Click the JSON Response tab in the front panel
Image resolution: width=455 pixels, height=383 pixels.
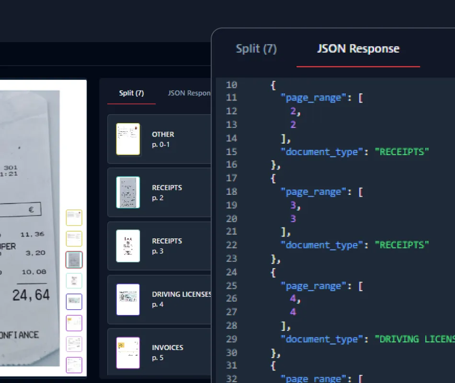[x=358, y=49]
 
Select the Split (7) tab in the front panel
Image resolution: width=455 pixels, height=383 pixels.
[x=256, y=49]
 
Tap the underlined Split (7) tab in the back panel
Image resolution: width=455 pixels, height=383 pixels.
[x=131, y=93]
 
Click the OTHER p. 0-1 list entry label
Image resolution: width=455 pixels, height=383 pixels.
[x=163, y=139]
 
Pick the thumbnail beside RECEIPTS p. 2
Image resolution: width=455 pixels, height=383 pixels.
[x=128, y=192]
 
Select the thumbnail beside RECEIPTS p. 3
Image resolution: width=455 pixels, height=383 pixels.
[x=128, y=246]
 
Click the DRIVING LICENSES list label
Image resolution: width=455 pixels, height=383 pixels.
[x=182, y=294]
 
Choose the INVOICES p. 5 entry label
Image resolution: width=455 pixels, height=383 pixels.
[x=167, y=352]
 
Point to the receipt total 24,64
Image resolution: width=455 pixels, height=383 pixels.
[x=31, y=295]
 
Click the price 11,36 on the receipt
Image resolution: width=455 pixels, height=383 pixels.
[x=33, y=235]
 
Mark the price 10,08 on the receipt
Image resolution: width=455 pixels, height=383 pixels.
[x=34, y=272]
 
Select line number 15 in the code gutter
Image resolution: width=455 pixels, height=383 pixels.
[x=231, y=152]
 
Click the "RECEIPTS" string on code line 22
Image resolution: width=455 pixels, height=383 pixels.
[x=401, y=245]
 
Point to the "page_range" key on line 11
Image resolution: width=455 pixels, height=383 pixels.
[x=314, y=98]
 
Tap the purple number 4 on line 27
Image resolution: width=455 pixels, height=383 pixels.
[x=293, y=312]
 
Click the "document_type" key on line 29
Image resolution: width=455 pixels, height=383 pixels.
[x=322, y=339]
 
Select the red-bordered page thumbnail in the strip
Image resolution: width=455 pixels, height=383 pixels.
[x=74, y=259]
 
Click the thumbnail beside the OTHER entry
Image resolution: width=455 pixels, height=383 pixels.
[x=128, y=139]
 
